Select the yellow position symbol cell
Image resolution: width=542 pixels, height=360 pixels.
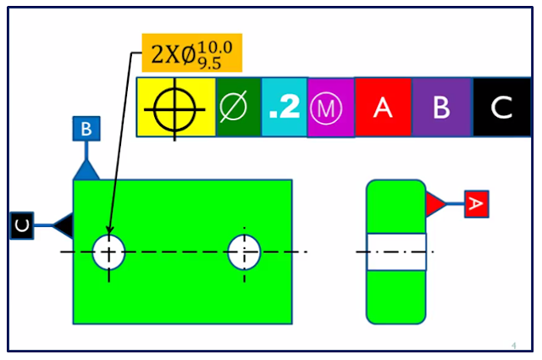pos(175,108)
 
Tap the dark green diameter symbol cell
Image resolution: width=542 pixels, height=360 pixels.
pos(238,108)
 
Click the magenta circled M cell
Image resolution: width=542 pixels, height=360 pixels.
pos(330,108)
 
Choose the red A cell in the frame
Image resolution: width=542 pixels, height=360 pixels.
pos(383,108)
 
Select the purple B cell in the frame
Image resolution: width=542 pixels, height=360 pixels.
pos(441,108)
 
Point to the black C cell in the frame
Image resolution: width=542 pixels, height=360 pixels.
pos(502,108)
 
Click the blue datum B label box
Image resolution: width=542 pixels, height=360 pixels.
pos(86,130)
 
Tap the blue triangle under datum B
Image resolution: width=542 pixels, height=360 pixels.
pos(86,169)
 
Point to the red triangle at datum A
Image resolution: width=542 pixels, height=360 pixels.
pos(435,203)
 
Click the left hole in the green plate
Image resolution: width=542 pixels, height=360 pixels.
pos(109,252)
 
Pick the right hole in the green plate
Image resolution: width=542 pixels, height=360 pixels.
pos(244,252)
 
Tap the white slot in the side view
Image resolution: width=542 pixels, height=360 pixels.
pos(396,252)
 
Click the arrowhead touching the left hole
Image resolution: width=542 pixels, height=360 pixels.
pos(110,229)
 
